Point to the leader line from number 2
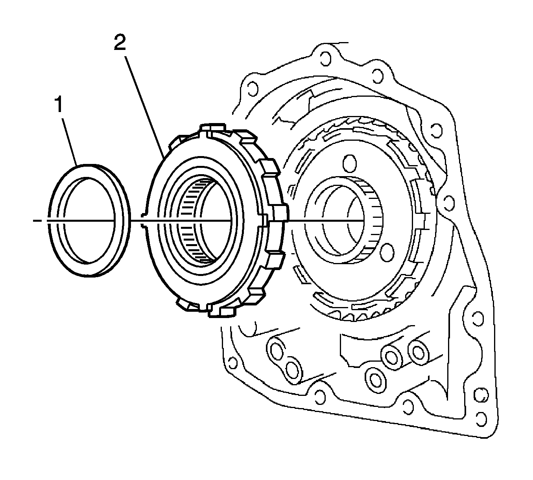click(x=144, y=107)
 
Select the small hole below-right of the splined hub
click(x=387, y=250)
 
